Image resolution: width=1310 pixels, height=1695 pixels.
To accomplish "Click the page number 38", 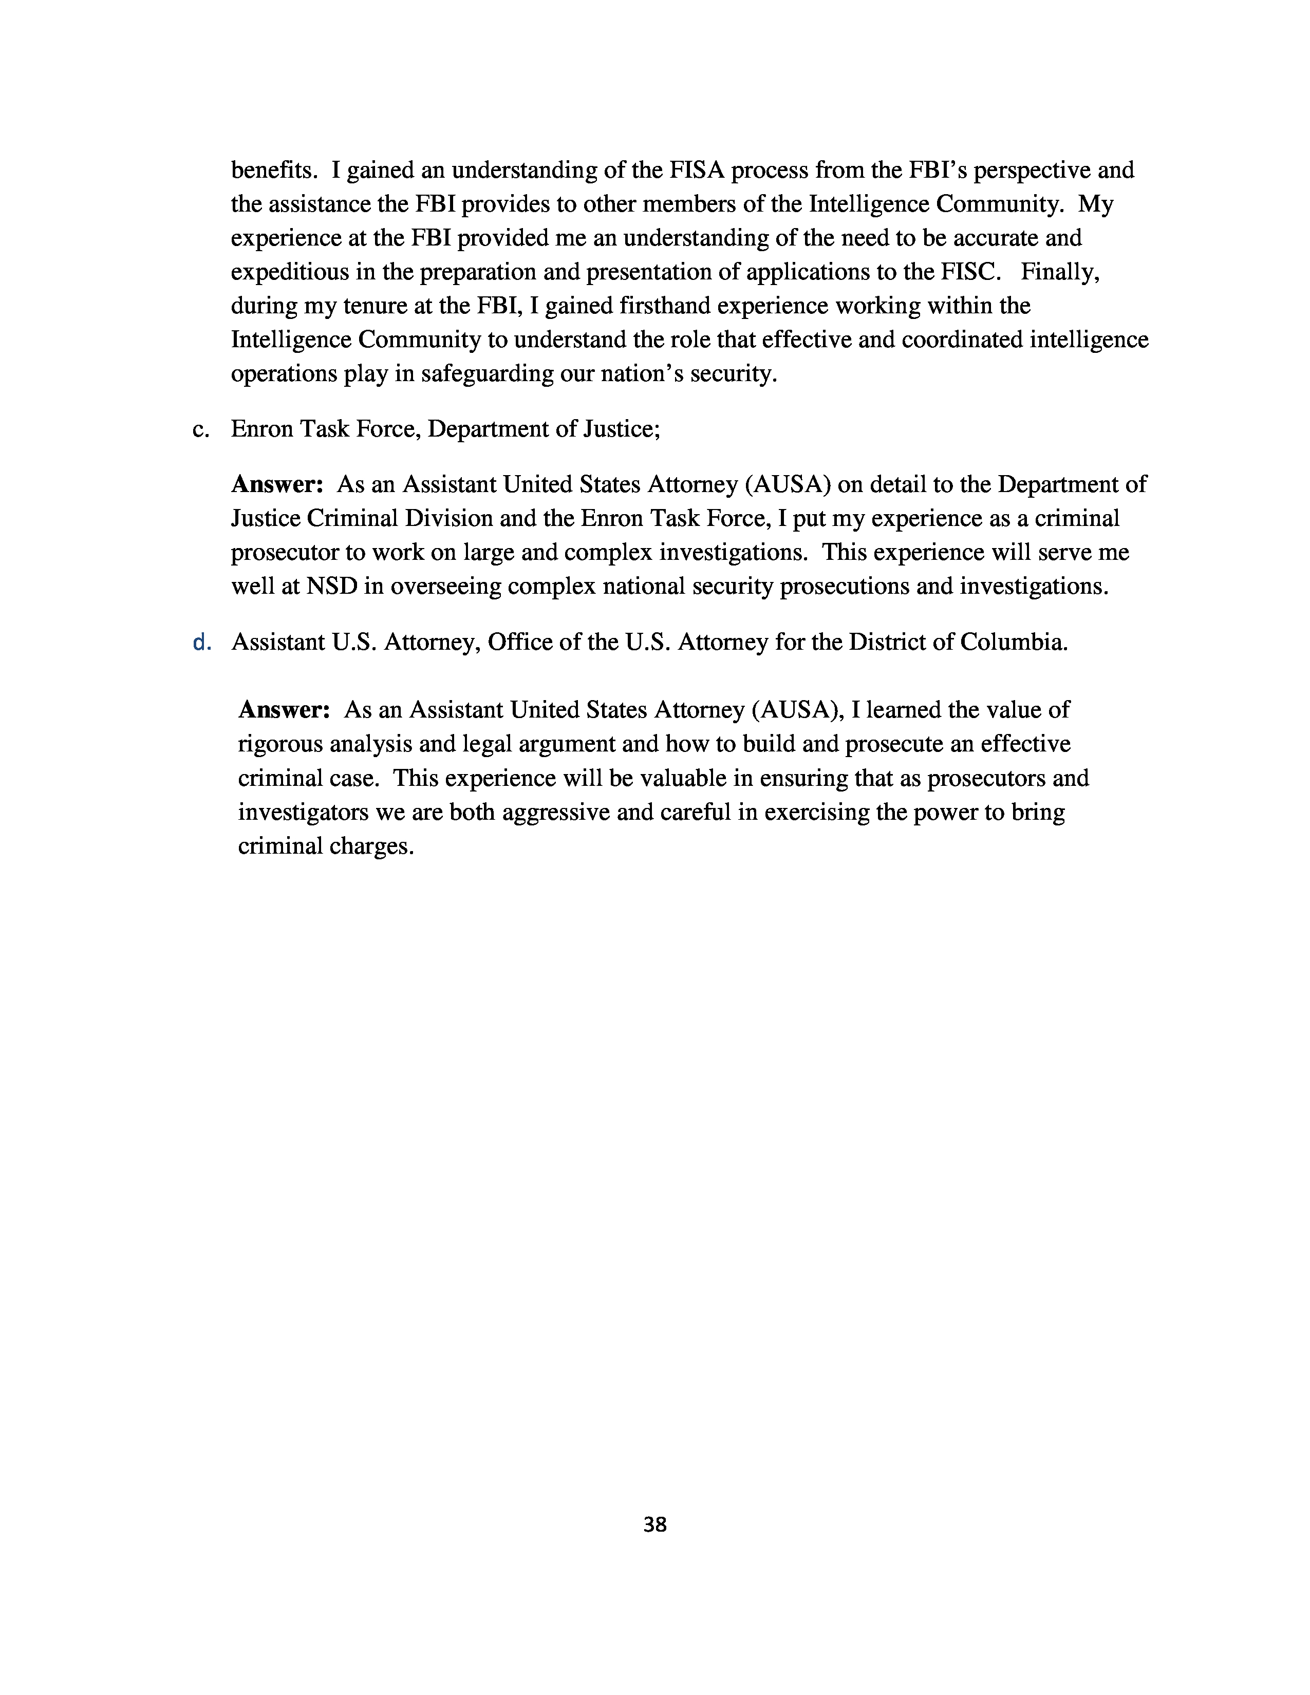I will (654, 1525).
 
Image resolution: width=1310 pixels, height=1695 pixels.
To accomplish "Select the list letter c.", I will (200, 429).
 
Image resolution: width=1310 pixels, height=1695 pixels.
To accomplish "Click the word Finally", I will (1060, 272).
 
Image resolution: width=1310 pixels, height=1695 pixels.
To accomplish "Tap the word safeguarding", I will (486, 374).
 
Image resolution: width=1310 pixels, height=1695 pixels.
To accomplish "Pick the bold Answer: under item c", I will (277, 484).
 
